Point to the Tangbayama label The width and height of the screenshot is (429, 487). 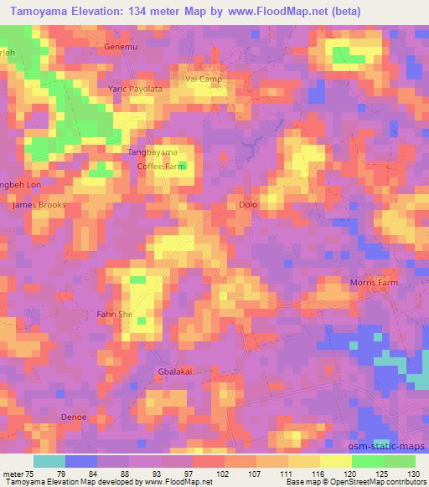[152, 151]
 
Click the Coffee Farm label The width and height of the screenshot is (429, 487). [161, 166]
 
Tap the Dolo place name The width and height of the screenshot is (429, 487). [248, 204]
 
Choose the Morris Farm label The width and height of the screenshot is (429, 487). [374, 283]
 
